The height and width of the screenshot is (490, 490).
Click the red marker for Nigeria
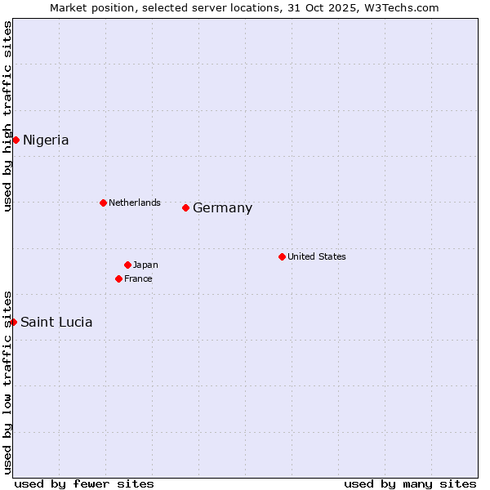16,140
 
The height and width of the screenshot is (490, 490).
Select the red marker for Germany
185,207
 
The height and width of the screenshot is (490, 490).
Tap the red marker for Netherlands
103,203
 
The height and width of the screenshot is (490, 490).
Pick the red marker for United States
282,256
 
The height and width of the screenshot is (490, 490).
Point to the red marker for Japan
127,265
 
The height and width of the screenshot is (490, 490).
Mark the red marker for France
118,278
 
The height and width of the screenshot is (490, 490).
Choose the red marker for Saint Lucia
13,322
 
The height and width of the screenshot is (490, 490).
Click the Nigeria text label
46,140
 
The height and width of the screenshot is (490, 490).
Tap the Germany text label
222,207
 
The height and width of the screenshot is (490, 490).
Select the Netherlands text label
135,203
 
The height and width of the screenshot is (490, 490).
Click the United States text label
317,256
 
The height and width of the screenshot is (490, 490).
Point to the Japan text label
145,265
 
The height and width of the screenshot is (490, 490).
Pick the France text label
138,278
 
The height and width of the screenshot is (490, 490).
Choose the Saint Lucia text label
56,322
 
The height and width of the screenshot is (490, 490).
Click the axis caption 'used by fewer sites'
84,483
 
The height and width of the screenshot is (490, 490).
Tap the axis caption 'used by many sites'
410,483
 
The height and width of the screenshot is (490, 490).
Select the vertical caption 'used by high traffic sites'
7,116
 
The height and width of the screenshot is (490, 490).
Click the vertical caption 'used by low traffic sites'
7,382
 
